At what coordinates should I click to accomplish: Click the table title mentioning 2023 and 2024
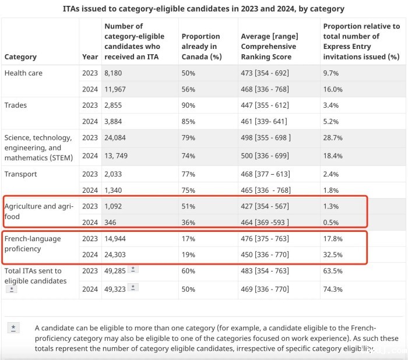(x=203, y=9)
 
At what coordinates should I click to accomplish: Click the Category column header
(x=20, y=57)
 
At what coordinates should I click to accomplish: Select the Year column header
(x=90, y=57)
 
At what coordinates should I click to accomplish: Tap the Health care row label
(x=23, y=73)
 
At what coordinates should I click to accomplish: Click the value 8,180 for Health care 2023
(x=114, y=73)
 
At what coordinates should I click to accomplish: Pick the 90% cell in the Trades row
(x=188, y=105)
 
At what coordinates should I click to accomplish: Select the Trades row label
(x=16, y=105)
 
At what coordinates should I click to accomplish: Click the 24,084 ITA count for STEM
(x=117, y=138)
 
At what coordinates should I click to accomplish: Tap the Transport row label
(x=20, y=174)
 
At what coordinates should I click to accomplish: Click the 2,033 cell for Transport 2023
(x=114, y=174)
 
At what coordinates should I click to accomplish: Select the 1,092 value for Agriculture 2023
(x=114, y=206)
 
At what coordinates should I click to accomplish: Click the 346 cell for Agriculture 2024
(x=110, y=222)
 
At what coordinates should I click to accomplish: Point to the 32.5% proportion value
(x=333, y=255)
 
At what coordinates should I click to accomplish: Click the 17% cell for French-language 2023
(x=188, y=239)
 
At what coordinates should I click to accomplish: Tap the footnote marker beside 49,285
(x=133, y=269)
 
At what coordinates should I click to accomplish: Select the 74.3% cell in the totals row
(x=333, y=290)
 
